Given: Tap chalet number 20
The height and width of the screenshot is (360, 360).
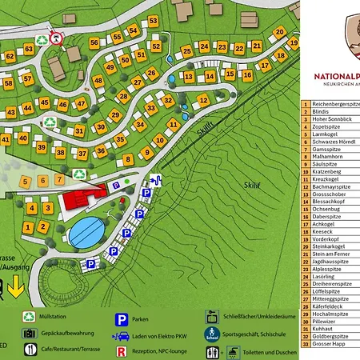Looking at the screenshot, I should tap(279, 31).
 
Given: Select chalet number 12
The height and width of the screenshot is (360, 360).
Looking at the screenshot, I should tap(203, 100).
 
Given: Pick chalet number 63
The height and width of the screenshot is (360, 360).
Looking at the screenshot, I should tap(29, 50).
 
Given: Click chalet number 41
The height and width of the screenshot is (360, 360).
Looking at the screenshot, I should tap(6, 138).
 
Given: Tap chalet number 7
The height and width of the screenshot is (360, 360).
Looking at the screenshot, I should tap(59, 181).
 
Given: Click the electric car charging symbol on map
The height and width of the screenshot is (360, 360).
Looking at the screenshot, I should tap(155, 181).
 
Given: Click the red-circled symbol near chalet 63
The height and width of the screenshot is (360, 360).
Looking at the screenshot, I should tap(55, 38).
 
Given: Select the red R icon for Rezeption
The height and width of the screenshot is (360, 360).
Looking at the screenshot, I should tap(122, 350).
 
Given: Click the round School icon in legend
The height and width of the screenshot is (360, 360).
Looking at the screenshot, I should tap(212, 334).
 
